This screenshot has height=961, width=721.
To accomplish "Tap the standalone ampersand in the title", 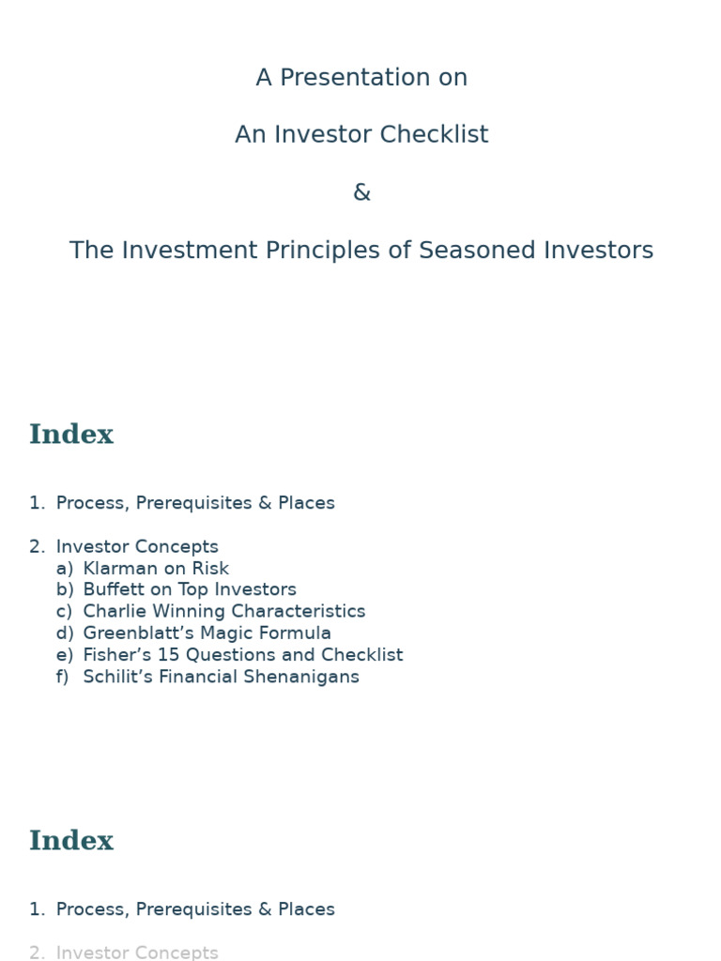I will click(x=361, y=192).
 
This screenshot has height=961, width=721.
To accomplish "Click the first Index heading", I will click(x=71, y=435).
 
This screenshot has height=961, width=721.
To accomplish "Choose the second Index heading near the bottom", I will click(x=71, y=842).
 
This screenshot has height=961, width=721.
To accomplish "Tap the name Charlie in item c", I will click(x=112, y=612).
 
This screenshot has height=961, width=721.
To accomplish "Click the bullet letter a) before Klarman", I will click(x=64, y=569).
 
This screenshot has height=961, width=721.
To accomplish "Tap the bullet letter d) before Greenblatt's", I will click(x=64, y=633).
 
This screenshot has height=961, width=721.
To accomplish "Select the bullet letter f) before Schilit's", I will click(x=63, y=677).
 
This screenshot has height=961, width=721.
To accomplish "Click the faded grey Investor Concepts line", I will click(x=137, y=953).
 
